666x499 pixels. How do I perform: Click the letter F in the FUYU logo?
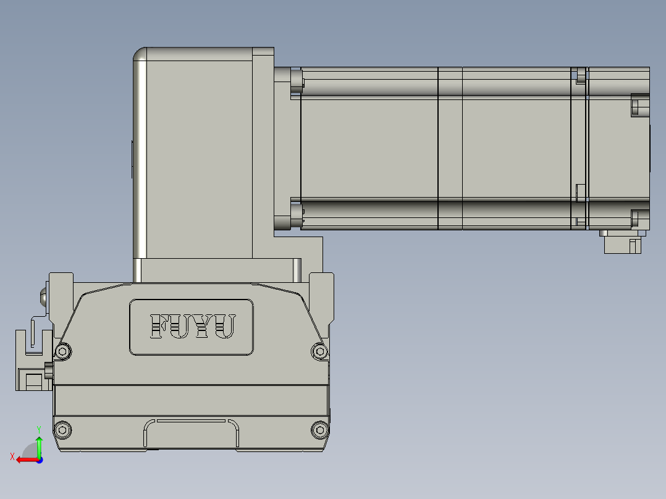point(160,327)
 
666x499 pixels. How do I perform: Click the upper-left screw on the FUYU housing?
point(62,351)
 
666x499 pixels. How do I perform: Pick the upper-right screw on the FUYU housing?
point(319,351)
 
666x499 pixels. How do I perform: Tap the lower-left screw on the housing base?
point(62,429)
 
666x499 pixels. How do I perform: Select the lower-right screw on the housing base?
point(319,429)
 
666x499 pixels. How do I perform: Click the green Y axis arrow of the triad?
point(39,443)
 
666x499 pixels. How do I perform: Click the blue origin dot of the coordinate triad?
point(40,459)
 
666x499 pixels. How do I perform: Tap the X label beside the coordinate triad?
point(12,456)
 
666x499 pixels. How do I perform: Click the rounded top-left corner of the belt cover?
point(140,56)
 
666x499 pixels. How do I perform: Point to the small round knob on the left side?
point(43,296)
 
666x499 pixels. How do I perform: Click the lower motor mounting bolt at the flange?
point(296,216)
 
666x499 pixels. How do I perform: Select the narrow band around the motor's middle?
point(450,148)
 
